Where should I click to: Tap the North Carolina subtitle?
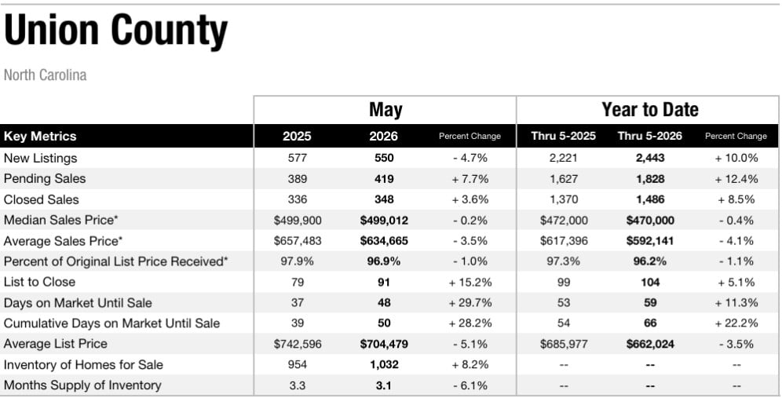[45, 75]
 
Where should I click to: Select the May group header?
[385, 110]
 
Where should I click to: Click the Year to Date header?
[650, 109]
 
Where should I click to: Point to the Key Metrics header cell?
[40, 136]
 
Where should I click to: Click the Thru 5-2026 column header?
[650, 136]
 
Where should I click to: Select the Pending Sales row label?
[45, 178]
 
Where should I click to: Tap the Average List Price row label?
[56, 344]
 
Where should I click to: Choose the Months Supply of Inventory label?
[82, 385]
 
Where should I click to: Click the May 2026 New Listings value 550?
[384, 158]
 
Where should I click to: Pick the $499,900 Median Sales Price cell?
[298, 221]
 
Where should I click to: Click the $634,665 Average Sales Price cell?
[384, 241]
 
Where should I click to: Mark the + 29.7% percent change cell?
[470, 303]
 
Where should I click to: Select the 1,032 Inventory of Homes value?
[384, 364]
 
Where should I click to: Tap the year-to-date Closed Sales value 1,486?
[650, 199]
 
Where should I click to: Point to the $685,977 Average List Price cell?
[564, 344]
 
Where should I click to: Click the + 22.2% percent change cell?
[736, 323]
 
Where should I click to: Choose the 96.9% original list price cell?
[384, 261]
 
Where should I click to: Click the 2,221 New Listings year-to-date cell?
[564, 158]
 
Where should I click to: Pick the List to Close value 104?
[650, 283]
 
